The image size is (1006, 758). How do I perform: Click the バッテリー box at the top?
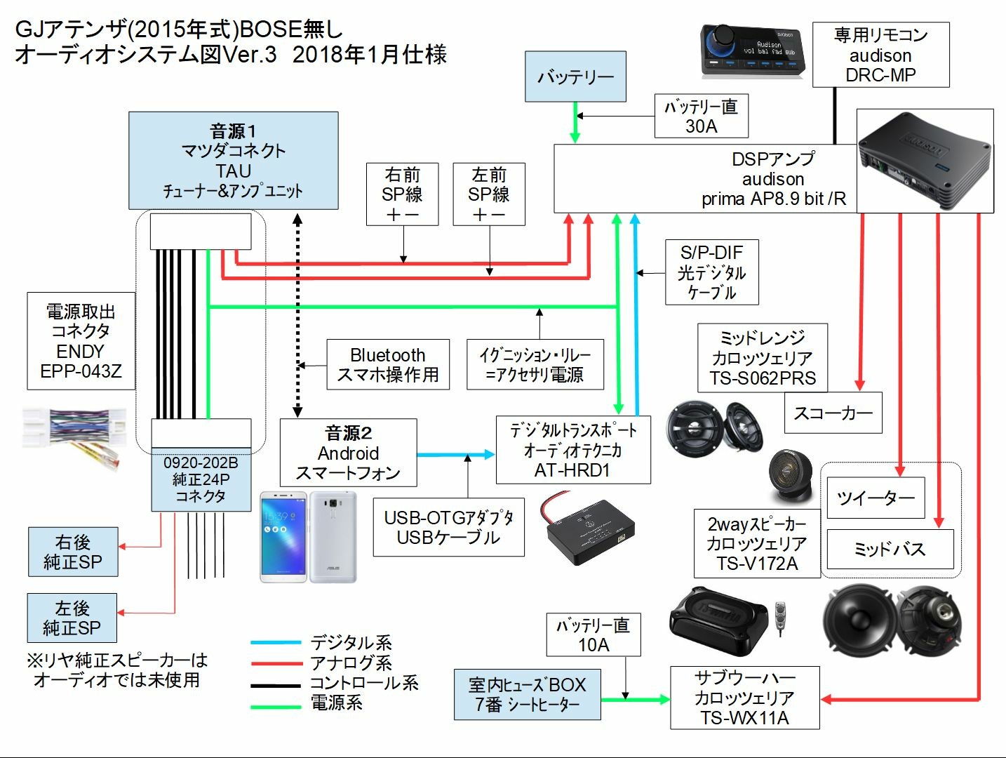point(575,77)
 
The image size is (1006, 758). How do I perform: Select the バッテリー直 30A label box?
point(701,116)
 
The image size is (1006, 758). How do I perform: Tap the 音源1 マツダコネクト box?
point(233,161)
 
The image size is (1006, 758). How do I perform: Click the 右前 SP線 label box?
point(402,194)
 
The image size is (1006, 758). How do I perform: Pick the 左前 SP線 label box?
point(489,194)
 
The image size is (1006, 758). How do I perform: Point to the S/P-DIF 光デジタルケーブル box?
point(711,272)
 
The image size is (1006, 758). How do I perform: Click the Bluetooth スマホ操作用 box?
point(387,364)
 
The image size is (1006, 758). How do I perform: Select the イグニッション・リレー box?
point(535,364)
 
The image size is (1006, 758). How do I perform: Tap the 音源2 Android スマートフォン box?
point(348,453)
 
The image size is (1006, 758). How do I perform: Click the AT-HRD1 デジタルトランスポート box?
point(572,450)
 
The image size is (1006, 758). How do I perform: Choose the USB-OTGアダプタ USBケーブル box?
point(448,527)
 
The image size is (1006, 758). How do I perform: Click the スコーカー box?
point(833,413)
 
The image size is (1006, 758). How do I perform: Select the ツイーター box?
point(876,498)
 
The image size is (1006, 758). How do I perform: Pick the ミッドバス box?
point(890,549)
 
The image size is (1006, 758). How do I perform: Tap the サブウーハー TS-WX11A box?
point(744,698)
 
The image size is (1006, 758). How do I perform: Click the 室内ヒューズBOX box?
point(527,694)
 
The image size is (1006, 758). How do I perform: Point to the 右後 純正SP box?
point(73,552)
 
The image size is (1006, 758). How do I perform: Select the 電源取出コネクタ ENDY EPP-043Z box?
point(81,341)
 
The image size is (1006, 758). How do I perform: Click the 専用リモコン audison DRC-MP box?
point(880,55)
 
